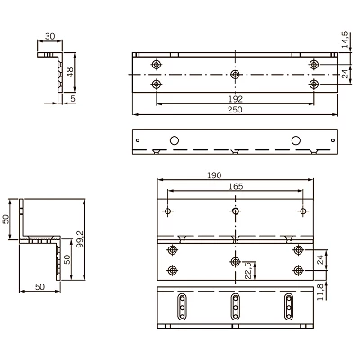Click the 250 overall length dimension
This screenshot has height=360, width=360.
pos(235,109)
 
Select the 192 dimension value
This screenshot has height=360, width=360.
pos(235,96)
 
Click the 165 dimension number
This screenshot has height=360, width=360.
pos(235,187)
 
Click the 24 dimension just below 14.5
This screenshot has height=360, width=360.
pos(345,75)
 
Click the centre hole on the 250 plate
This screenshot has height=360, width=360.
pos(235,74)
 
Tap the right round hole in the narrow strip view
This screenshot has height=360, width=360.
pos(293,141)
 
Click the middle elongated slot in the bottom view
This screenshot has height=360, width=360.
pos(235,307)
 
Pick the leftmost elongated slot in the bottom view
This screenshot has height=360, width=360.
pos(181,307)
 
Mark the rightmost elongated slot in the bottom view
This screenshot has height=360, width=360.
pos(290,307)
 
